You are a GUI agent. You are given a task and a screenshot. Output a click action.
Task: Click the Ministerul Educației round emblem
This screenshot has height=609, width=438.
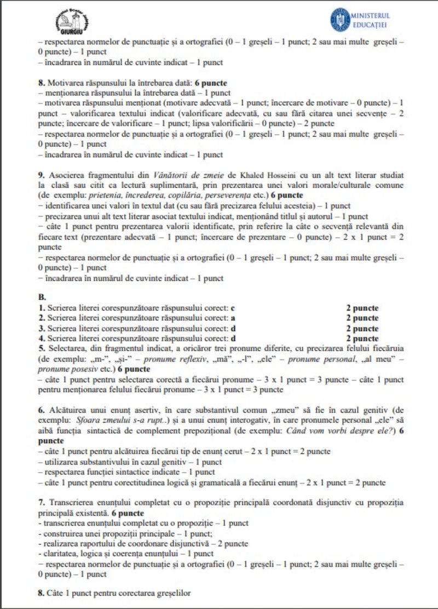click(339, 19)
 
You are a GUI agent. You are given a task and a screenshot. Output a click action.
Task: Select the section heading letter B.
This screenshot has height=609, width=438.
click(42, 296)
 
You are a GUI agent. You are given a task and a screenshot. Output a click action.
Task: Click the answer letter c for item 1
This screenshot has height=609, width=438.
click(233, 308)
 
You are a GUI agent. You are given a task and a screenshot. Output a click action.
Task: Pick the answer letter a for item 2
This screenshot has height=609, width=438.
click(233, 318)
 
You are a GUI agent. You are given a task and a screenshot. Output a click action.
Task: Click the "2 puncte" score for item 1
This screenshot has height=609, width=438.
click(362, 308)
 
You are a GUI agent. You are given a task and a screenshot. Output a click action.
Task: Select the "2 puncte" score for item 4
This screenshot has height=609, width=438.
click(362, 338)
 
